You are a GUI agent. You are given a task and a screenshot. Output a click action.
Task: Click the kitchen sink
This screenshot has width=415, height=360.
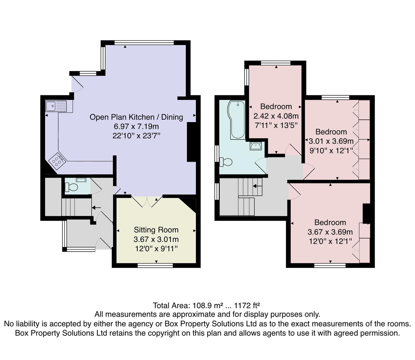(x=56, y=106)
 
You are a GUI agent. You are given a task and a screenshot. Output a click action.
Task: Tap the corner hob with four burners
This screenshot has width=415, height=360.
(x=57, y=161)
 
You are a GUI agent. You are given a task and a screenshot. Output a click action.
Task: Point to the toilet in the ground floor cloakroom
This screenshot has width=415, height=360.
(x=71, y=187)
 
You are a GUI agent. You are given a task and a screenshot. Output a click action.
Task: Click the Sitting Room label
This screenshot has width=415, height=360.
(x=156, y=230)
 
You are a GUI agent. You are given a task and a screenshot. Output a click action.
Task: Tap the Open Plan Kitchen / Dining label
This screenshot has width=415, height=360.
(x=136, y=117)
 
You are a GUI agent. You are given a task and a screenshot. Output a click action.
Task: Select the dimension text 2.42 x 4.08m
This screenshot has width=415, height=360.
(x=276, y=116)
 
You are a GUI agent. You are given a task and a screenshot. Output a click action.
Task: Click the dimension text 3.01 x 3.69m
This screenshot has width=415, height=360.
(x=331, y=141)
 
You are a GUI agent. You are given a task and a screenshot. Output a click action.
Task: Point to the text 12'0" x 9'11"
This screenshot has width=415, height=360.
(x=156, y=249)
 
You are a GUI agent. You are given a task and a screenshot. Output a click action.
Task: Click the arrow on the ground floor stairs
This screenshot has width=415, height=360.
(x=96, y=208)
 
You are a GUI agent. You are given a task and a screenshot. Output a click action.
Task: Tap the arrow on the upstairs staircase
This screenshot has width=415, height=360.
(x=257, y=186)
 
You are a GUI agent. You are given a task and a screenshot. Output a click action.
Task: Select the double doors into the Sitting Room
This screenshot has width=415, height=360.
(x=147, y=202)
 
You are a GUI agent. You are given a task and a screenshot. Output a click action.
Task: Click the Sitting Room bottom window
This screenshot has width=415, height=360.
(x=155, y=266)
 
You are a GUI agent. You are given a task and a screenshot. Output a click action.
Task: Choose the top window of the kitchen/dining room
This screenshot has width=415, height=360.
(x=144, y=43)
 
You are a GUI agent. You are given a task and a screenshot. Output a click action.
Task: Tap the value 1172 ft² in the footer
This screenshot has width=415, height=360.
(x=247, y=305)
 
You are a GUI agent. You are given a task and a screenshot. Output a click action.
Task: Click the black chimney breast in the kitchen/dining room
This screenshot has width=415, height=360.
(x=191, y=142)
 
